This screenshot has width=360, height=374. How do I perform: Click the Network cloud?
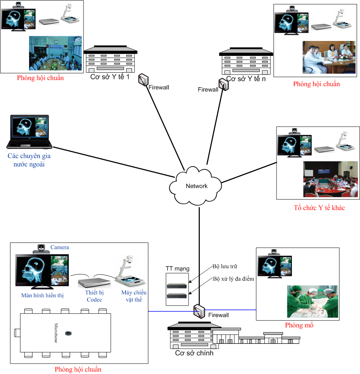click(x=196, y=186)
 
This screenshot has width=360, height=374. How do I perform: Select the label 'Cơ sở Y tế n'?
click(x=246, y=79)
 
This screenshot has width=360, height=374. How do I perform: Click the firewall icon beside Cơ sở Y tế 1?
click(x=143, y=79)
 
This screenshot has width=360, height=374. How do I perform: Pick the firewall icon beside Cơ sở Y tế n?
click(x=224, y=85)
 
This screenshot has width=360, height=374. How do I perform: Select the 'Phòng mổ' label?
click(x=299, y=325)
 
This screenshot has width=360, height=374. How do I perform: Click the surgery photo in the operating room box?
click(x=312, y=301)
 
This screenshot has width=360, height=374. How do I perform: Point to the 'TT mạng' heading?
click(x=177, y=269)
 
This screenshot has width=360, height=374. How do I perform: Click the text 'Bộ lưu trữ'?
click(x=225, y=266)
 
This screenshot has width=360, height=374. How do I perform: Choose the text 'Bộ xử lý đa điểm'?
click(x=233, y=279)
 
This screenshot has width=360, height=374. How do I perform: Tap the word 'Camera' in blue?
click(x=60, y=247)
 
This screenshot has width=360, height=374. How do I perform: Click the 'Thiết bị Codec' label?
click(x=94, y=297)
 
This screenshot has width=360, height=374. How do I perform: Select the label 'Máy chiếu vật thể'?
click(x=134, y=296)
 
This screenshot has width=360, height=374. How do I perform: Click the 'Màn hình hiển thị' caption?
click(x=42, y=296)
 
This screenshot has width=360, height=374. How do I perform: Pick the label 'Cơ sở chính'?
click(x=194, y=353)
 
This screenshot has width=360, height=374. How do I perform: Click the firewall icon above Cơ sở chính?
click(x=199, y=310)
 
